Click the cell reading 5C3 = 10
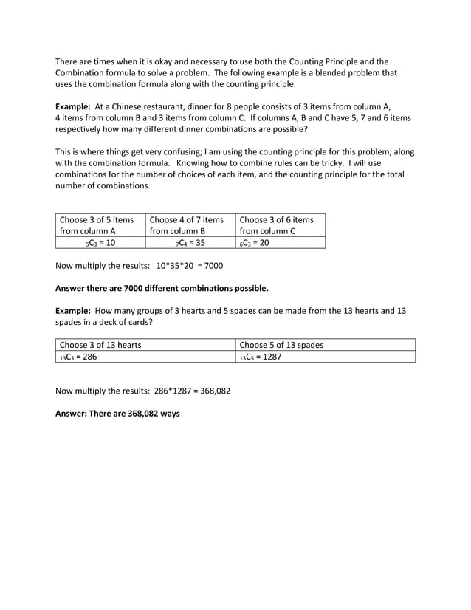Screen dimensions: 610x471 click(100, 242)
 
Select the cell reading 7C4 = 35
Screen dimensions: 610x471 click(190, 242)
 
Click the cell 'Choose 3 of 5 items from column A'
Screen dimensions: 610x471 click(100, 225)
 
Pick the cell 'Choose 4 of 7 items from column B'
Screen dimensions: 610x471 click(190, 225)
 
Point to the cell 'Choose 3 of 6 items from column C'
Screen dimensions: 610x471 click(279, 225)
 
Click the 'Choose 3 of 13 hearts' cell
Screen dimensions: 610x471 click(146, 345)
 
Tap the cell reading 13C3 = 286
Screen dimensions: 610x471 click(146, 357)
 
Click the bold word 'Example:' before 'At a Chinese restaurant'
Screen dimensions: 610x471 click(73, 107)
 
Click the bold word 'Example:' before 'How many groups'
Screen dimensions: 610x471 click(73, 311)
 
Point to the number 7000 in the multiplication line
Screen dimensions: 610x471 click(213, 265)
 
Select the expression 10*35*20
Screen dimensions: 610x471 click(178, 265)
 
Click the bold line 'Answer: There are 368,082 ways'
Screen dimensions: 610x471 click(118, 414)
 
